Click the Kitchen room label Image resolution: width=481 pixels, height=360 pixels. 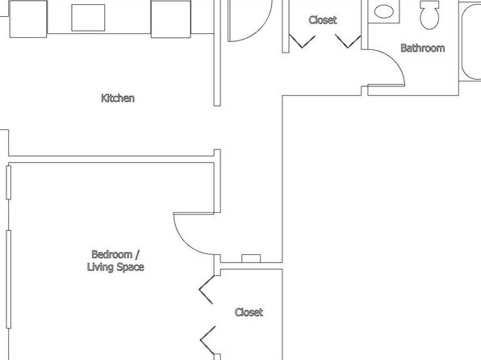tap(118, 98)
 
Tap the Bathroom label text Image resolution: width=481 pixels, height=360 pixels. tap(423, 48)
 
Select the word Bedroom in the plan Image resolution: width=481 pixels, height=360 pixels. tap(112, 254)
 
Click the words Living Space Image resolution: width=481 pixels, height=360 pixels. tap(115, 267)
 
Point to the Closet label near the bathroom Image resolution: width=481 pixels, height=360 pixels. tap(323, 20)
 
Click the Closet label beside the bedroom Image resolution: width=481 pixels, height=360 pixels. tap(249, 312)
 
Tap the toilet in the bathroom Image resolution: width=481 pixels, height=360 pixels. tap(429, 15)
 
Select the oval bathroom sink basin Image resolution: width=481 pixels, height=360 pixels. tap(384, 11)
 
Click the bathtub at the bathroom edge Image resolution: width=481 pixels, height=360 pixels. tap(471, 41)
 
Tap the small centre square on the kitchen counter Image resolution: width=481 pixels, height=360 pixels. tap(88, 18)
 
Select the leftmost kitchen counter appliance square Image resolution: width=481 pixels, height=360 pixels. tap(28, 19)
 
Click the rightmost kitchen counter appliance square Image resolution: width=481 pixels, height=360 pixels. tap(171, 19)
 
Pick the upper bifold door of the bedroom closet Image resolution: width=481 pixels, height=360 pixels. tap(207, 290)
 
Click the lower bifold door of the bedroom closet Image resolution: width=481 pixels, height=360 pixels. tap(207, 340)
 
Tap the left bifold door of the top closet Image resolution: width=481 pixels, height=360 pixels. tap(302, 41)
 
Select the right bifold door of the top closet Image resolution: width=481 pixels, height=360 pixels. tap(348, 41)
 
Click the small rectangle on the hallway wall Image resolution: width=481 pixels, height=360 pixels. tap(251, 258)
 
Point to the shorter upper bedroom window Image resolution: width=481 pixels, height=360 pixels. tap(9, 182)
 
